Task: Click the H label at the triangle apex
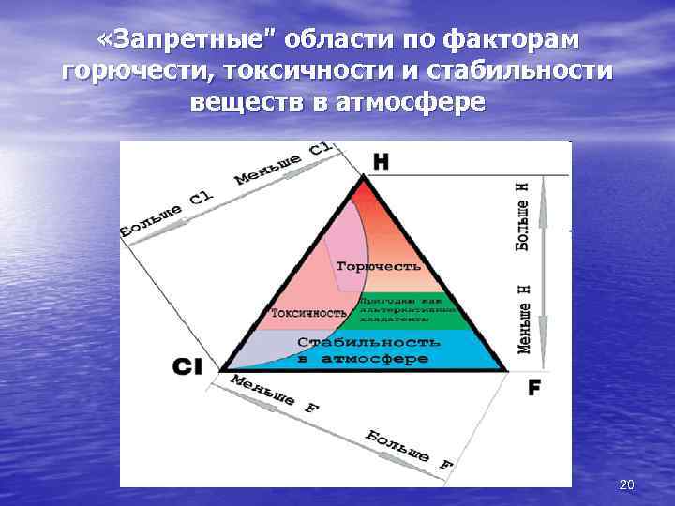click(x=381, y=160)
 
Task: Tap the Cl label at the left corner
click(x=187, y=368)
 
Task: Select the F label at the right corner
click(x=533, y=386)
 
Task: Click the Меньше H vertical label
click(x=525, y=314)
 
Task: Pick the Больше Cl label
click(x=168, y=213)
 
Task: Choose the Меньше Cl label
click(x=282, y=162)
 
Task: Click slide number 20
click(x=627, y=484)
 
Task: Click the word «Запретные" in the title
click(x=175, y=40)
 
